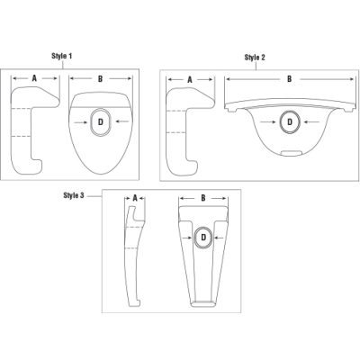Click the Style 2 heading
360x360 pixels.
coord(255,57)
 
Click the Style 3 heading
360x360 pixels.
coord(75,194)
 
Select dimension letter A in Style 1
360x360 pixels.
coord(33,78)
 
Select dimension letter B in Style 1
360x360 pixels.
coord(100,78)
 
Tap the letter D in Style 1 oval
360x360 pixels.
coord(101,120)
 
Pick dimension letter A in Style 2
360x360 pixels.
coord(190,79)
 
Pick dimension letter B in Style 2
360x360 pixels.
coord(289,79)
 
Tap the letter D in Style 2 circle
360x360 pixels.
coord(290,120)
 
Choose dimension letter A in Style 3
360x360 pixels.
coord(134,197)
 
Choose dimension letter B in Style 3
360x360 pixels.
coord(203,197)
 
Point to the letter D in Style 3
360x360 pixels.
coord(203,237)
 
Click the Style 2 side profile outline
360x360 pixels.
coord(186,130)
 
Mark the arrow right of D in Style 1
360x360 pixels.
coord(121,120)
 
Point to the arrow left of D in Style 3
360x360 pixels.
coord(186,237)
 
